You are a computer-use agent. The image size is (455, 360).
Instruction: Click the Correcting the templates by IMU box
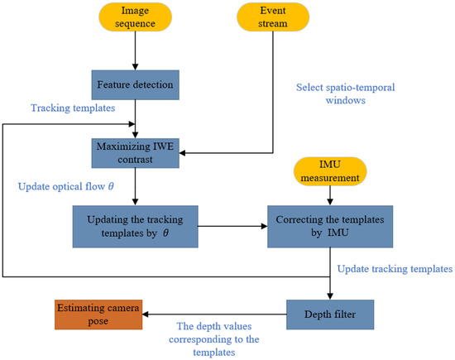pos(330,228)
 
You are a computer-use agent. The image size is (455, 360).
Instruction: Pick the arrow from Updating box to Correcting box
pos(232,223)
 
